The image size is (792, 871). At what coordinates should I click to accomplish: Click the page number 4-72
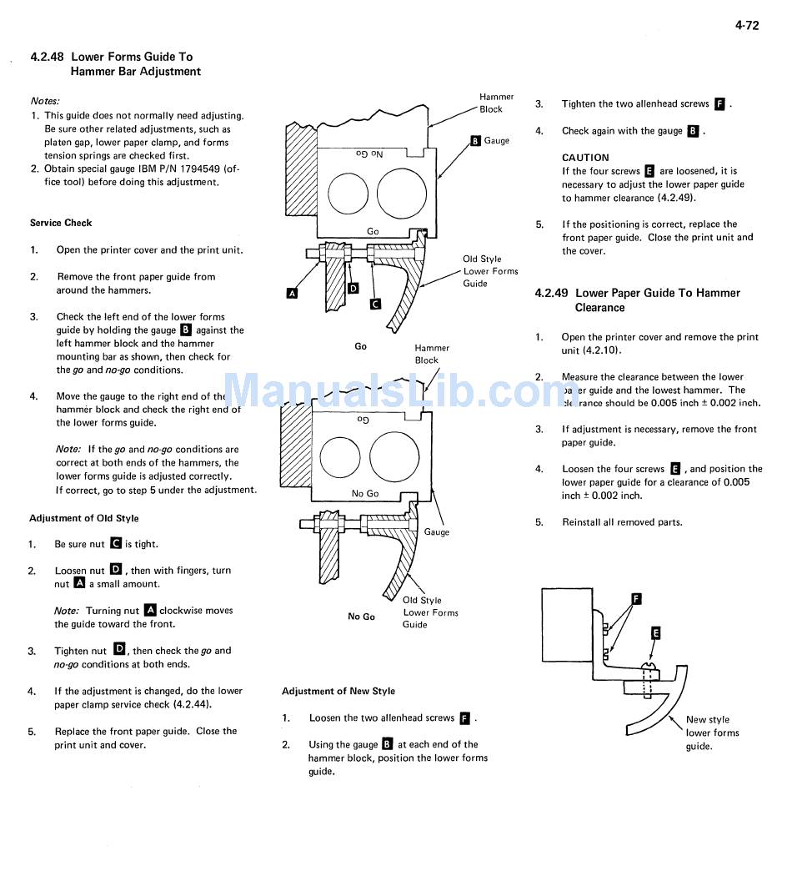pyautogui.click(x=746, y=25)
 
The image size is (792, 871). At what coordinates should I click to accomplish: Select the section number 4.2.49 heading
pyautogui.click(x=551, y=293)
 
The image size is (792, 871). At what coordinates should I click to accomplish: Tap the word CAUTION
pyautogui.click(x=585, y=158)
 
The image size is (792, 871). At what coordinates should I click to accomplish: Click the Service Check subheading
pyautogui.click(x=61, y=223)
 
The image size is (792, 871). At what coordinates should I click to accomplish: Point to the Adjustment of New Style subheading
pyautogui.click(x=338, y=691)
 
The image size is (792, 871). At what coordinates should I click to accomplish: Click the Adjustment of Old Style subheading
pyautogui.click(x=84, y=518)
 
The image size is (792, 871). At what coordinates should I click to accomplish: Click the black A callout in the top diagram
pyautogui.click(x=292, y=293)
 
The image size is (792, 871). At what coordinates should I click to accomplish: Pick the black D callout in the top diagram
pyautogui.click(x=353, y=288)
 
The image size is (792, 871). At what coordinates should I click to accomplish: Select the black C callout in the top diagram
pyautogui.click(x=375, y=304)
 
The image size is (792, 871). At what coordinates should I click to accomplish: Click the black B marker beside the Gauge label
pyautogui.click(x=475, y=141)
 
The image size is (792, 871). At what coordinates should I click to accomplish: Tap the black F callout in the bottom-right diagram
pyautogui.click(x=636, y=598)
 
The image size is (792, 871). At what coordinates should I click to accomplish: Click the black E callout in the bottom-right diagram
pyautogui.click(x=655, y=633)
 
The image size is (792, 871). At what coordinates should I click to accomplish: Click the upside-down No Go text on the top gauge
pyautogui.click(x=369, y=154)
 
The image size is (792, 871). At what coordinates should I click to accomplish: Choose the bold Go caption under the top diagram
pyautogui.click(x=360, y=346)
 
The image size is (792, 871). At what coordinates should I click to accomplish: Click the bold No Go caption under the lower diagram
pyautogui.click(x=361, y=617)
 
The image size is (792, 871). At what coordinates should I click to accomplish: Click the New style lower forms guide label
pyautogui.click(x=712, y=733)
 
